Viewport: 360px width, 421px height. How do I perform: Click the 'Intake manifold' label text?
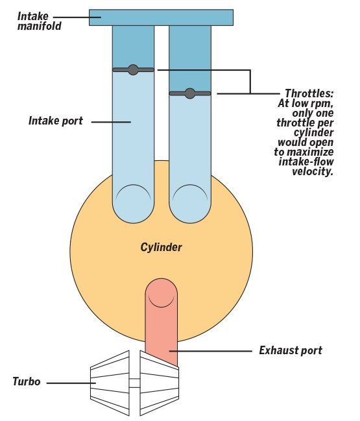tap(40, 21)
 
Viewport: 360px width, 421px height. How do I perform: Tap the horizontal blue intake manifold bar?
tap(161, 18)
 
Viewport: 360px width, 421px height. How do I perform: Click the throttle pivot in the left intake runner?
tap(133, 70)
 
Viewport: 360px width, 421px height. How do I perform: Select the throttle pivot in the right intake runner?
tap(190, 93)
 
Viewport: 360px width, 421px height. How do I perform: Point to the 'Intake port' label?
tap(56, 121)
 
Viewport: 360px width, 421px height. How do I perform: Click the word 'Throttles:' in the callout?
tap(309, 93)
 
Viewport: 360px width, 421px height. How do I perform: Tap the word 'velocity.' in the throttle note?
tap(313, 171)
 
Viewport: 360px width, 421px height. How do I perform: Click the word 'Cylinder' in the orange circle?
tap(161, 247)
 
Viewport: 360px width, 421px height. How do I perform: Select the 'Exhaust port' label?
tap(291, 350)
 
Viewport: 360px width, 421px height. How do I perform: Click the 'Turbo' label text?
tap(27, 381)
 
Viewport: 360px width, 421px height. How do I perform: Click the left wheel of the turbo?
tap(110, 383)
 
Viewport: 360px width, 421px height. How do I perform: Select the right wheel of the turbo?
tap(160, 383)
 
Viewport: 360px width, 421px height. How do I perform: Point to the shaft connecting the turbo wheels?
tap(135, 383)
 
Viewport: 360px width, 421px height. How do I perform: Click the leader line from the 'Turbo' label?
tap(71, 383)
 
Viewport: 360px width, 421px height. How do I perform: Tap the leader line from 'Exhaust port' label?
tap(210, 351)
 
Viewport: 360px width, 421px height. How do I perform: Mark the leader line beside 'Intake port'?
tap(111, 122)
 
